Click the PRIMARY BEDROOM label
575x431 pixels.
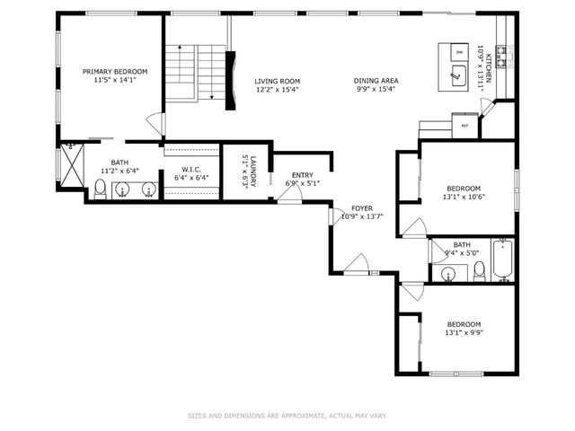coord(115,72)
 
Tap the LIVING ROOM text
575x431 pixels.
coord(277,81)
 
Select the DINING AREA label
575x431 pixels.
coord(376,81)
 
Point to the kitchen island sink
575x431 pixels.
coord(458,77)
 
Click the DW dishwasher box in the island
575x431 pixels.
coord(458,53)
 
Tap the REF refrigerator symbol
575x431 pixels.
coord(464,125)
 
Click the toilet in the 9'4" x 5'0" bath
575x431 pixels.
coord(480,269)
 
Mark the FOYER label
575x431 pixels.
coord(362,207)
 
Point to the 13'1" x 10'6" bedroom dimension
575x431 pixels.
coord(464,198)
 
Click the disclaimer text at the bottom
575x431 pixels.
coord(287,416)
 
